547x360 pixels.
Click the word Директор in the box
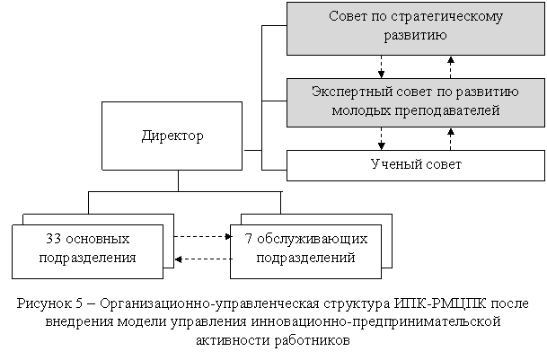pos(172,136)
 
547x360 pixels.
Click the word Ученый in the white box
pos(393,164)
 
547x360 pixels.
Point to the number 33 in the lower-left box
pos(54,239)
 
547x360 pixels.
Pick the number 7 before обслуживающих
pos(249,239)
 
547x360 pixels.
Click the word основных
pos(98,240)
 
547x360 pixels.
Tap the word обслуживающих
pos(313,240)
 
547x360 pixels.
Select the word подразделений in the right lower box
pos(306,259)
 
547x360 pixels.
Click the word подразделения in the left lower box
pos(87,259)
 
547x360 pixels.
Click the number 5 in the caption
pos(78,303)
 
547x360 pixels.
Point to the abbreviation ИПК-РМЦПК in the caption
pos(441,303)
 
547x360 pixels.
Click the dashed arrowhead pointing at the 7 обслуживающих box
pos(228,237)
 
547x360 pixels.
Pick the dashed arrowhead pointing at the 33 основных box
pos(178,259)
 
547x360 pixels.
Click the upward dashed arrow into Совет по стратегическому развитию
pos(451,67)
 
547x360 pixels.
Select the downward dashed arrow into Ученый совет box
pos(382,138)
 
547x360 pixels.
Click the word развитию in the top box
pos(416,36)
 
